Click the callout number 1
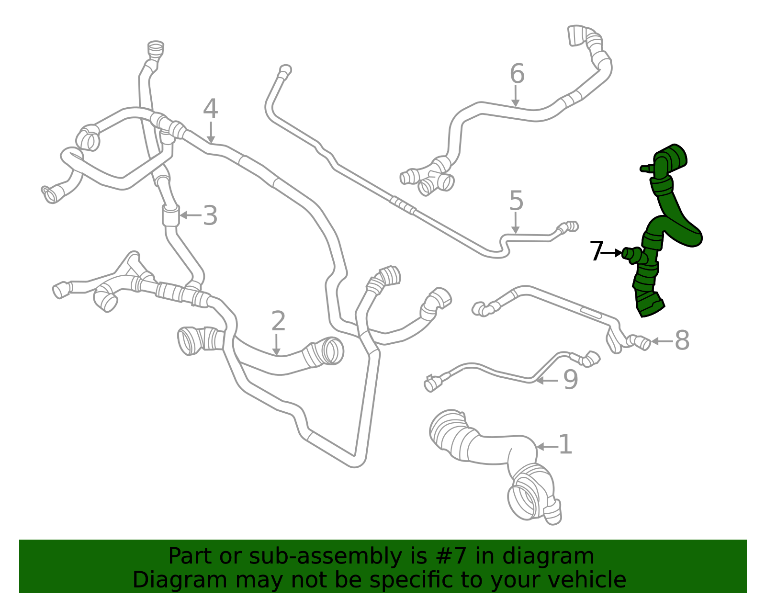click(x=566, y=445)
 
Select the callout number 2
click(x=279, y=321)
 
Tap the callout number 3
click(x=211, y=215)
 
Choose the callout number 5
click(x=517, y=201)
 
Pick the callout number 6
click(x=517, y=74)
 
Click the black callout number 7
click(x=597, y=251)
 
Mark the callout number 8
click(x=682, y=340)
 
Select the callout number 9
click(x=571, y=380)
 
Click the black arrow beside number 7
click(x=611, y=253)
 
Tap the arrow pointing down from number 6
click(x=515, y=95)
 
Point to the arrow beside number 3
click(x=191, y=214)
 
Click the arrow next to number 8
click(x=663, y=341)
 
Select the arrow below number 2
click(x=277, y=345)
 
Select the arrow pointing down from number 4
click(x=211, y=132)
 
